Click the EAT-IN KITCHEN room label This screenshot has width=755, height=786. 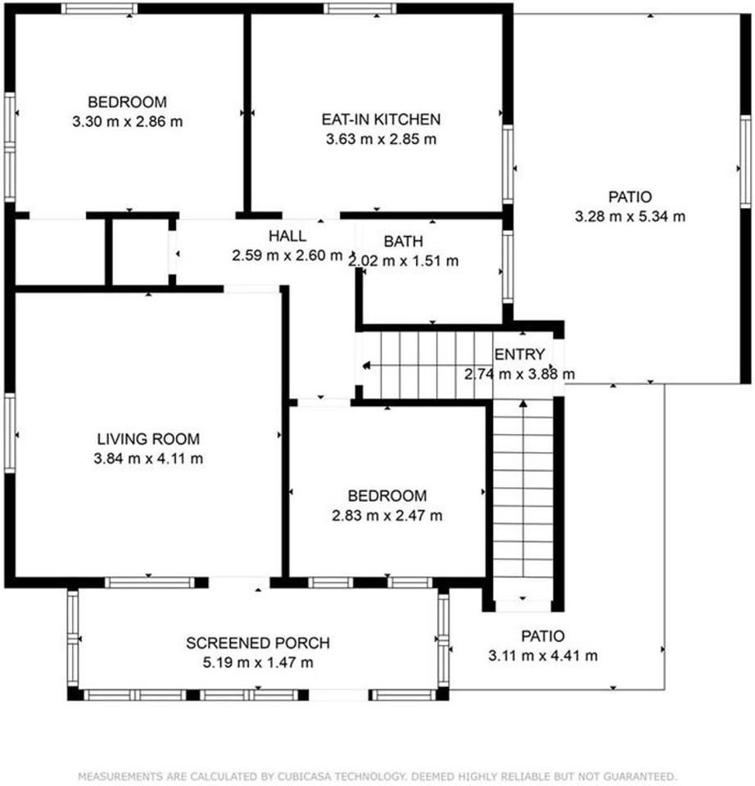tap(381, 120)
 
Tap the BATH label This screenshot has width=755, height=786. tap(404, 242)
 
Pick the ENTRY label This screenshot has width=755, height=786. tap(519, 355)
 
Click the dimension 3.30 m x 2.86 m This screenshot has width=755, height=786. tap(127, 122)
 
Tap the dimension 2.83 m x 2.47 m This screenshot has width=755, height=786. tap(387, 516)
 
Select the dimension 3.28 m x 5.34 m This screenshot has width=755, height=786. tap(631, 217)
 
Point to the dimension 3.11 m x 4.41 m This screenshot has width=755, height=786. tap(543, 655)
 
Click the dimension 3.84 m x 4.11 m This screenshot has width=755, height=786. tap(148, 458)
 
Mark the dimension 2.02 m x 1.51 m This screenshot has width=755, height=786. tap(404, 261)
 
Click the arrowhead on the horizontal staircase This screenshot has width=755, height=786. tap(366, 366)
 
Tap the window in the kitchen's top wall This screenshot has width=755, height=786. tap(359, 9)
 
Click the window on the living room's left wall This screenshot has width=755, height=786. tap(10, 433)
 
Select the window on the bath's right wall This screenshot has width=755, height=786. tap(507, 266)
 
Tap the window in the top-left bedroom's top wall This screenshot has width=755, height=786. tap(99, 9)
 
